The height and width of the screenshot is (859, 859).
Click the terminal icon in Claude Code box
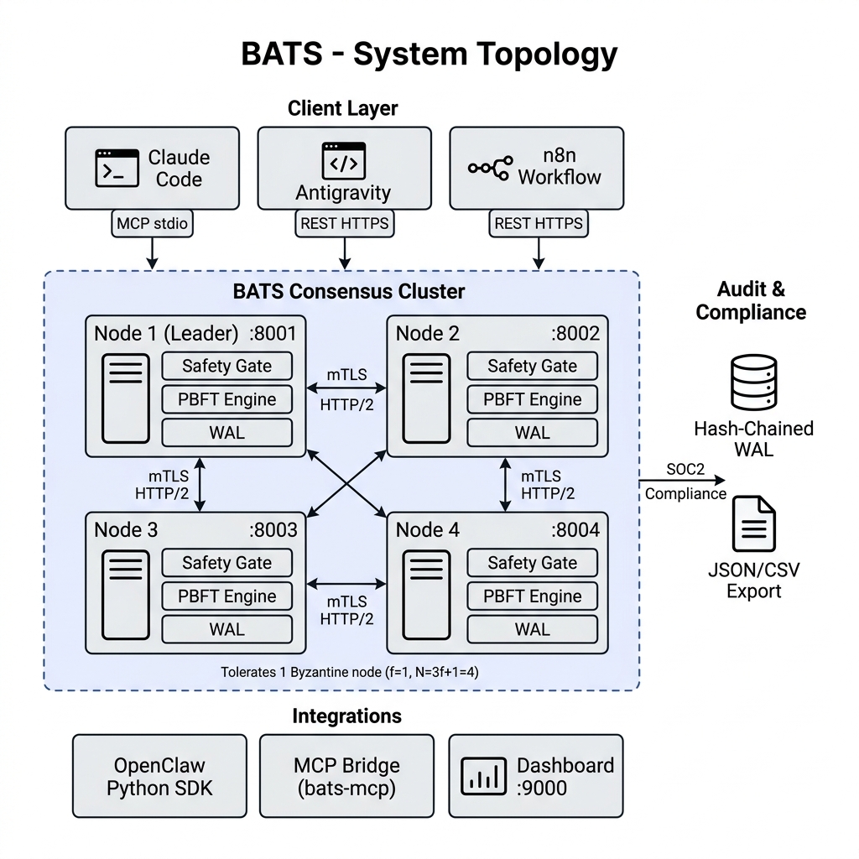click(x=117, y=168)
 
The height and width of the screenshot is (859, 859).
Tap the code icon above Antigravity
click(x=344, y=161)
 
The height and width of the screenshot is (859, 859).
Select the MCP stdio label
click(x=152, y=223)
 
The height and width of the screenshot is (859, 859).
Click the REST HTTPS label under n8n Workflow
click(x=538, y=223)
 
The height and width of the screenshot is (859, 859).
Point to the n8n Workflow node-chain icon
click(x=489, y=168)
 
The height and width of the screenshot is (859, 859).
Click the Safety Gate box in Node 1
click(x=226, y=366)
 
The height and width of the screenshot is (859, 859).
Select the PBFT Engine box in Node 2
click(x=532, y=399)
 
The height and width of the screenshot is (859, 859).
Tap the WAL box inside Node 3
click(x=226, y=629)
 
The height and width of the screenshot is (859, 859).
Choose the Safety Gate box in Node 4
click(x=532, y=563)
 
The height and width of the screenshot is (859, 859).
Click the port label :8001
click(x=273, y=333)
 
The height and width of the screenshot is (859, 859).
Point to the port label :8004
click(x=575, y=530)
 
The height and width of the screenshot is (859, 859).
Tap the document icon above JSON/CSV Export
click(x=754, y=523)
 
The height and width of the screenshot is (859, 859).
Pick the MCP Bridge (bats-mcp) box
click(x=346, y=776)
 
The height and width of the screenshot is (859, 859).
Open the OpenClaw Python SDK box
click(x=159, y=776)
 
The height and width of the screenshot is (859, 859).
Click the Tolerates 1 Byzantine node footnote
click(x=349, y=672)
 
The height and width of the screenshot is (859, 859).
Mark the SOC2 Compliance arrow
click(x=684, y=481)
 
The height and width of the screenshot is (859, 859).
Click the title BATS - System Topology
click(x=429, y=54)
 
